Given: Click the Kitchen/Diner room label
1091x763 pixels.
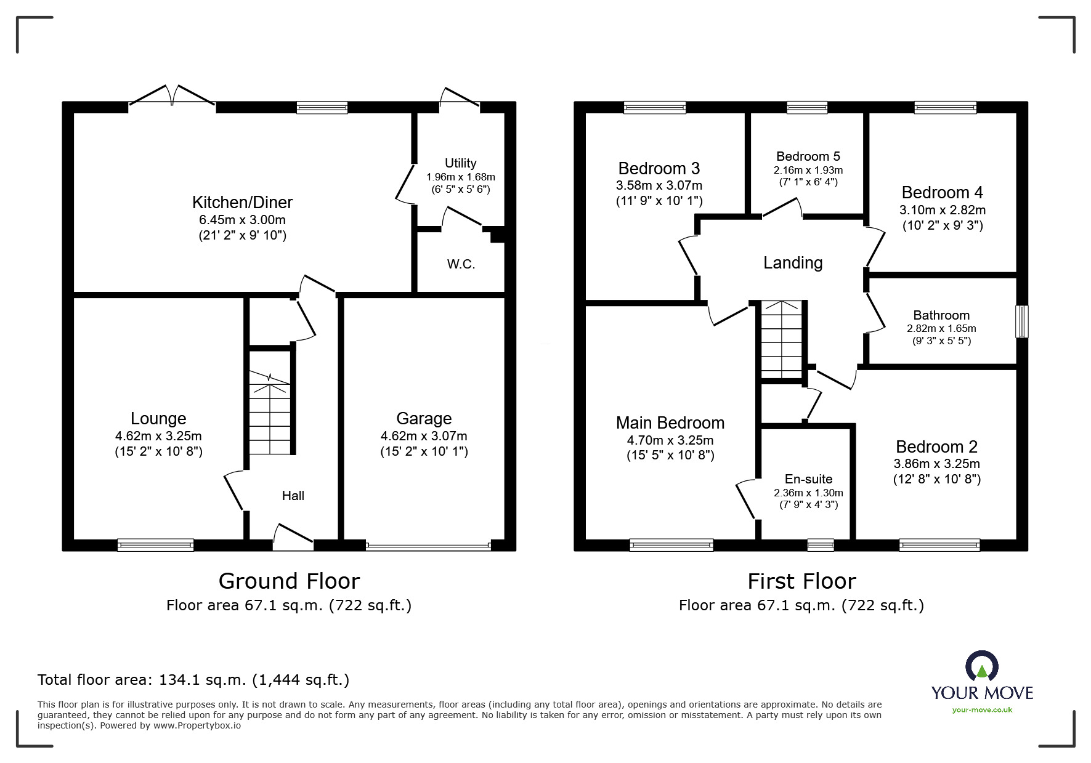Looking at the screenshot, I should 242,203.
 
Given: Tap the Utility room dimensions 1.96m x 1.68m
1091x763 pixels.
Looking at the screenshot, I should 461,177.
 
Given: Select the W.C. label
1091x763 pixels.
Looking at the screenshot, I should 461,265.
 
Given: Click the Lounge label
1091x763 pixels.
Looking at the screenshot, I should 158,419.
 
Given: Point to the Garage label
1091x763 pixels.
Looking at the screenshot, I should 424,419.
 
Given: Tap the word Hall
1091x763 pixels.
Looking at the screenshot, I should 293,496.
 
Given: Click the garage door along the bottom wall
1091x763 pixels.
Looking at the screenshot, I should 428,545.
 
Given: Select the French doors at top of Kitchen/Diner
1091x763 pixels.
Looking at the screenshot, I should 172,99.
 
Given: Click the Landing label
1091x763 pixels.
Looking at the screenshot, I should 793,264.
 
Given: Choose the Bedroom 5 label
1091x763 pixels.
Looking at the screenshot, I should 808,156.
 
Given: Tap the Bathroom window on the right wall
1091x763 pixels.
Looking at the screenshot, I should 1021,321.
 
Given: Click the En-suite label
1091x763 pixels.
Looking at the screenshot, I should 808,479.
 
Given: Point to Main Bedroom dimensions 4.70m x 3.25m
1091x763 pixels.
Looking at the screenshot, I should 670,440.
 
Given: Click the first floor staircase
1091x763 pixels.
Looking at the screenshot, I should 782,340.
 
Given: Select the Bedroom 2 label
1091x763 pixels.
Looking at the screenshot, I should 936,447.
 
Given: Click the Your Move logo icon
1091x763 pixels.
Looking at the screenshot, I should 981,666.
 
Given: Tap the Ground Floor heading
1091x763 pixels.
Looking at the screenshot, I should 289,581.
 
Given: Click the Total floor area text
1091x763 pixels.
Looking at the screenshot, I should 193,680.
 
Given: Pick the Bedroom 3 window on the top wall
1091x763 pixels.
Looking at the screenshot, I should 654,108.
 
